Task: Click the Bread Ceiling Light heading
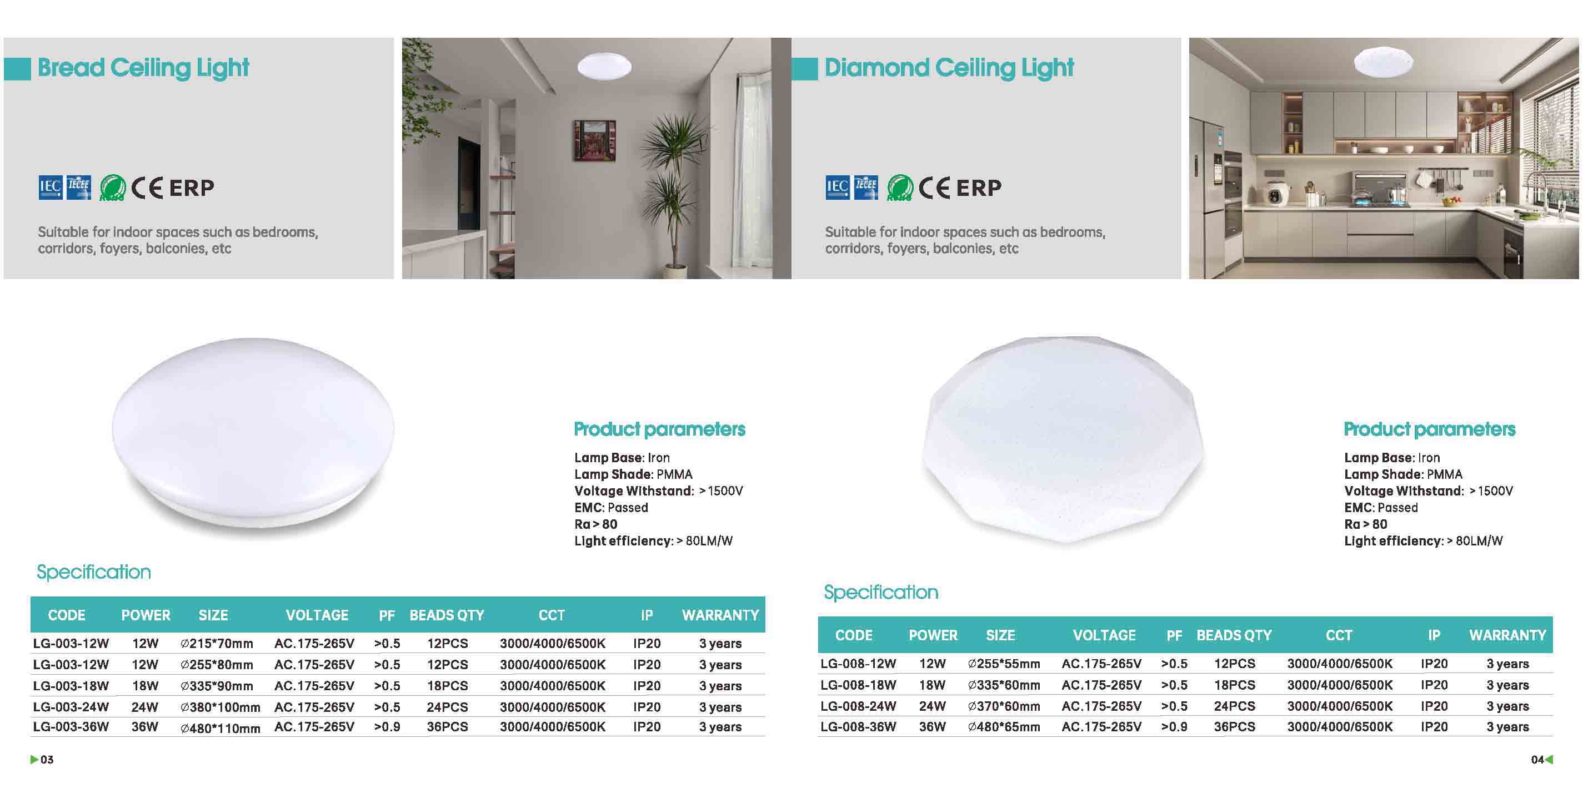coord(143,68)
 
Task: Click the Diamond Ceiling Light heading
coord(949,68)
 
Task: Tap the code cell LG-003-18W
coord(71,686)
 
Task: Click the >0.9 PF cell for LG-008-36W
coord(1174,727)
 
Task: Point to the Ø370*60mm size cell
coord(1004,706)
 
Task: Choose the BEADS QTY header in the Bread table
coord(447,615)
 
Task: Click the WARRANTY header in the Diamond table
coord(1507,635)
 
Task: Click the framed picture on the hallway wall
coord(594,140)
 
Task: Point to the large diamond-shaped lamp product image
coord(1063,439)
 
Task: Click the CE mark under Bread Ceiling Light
coord(147,188)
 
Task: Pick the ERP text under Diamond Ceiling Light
coord(979,188)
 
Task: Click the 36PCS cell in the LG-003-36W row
coord(447,727)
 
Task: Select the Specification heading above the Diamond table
coord(880,593)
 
